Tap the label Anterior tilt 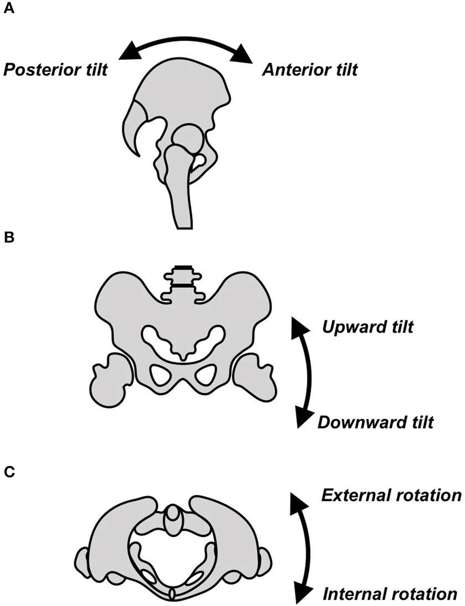(x=310, y=70)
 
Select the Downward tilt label (x=376, y=423)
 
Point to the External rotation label (x=390, y=495)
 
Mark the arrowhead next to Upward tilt (x=298, y=327)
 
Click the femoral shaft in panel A (x=182, y=197)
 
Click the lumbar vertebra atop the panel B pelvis (x=183, y=279)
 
